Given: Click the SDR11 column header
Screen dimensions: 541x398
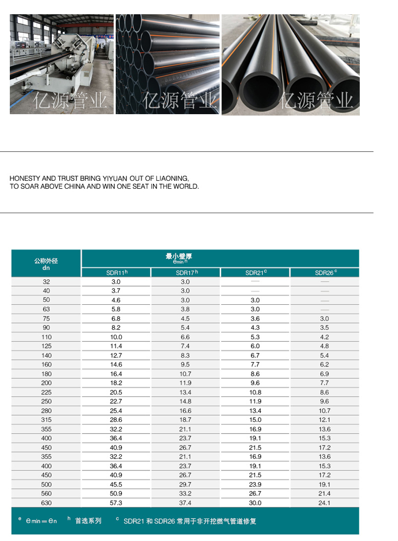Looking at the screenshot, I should click(x=116, y=273).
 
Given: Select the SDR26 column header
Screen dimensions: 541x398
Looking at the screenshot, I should click(x=325, y=273).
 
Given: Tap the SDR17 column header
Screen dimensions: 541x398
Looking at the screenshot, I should click(x=186, y=273).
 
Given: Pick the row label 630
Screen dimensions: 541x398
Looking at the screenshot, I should click(x=46, y=503).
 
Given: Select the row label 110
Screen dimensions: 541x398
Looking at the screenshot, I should click(x=46, y=337).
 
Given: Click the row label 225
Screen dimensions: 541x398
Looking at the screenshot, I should click(x=46, y=393).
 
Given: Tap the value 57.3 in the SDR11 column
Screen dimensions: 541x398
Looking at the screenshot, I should click(x=116, y=503).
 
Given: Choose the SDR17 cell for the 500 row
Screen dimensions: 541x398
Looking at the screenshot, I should click(x=186, y=484).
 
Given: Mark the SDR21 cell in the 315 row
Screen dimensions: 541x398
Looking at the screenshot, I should click(x=255, y=420).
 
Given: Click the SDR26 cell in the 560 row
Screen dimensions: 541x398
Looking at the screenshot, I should click(x=325, y=493).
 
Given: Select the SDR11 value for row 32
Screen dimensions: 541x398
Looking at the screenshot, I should click(x=116, y=282).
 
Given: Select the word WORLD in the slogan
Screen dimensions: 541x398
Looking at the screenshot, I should click(x=186, y=187).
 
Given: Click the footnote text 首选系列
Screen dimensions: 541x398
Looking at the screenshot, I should click(x=88, y=521).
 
